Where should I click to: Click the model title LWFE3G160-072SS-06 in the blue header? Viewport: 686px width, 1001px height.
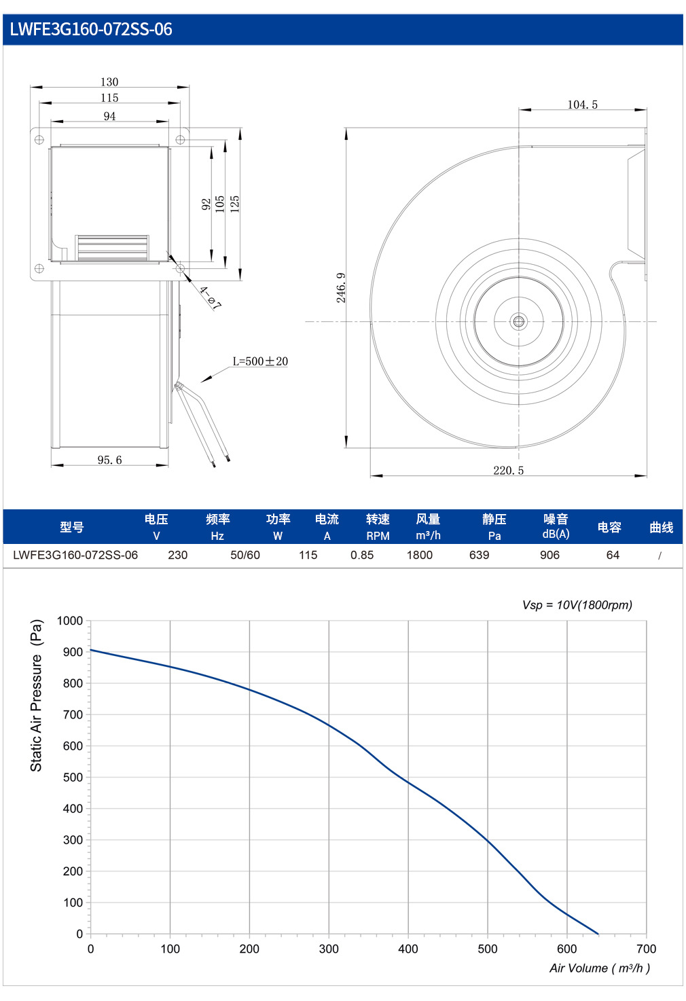[91, 29]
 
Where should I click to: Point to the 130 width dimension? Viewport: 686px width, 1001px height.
[109, 82]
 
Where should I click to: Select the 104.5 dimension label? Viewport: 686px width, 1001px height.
[582, 105]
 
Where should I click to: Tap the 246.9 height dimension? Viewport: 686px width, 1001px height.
[341, 288]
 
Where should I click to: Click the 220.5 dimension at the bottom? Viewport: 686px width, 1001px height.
[508, 470]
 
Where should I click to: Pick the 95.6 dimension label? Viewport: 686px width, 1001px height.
[109, 460]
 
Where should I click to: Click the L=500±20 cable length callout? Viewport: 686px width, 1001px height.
[260, 361]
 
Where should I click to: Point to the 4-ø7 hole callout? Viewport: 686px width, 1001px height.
[210, 298]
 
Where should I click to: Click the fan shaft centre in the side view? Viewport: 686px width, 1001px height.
[518, 321]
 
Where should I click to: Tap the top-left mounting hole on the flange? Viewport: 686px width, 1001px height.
[39, 140]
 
